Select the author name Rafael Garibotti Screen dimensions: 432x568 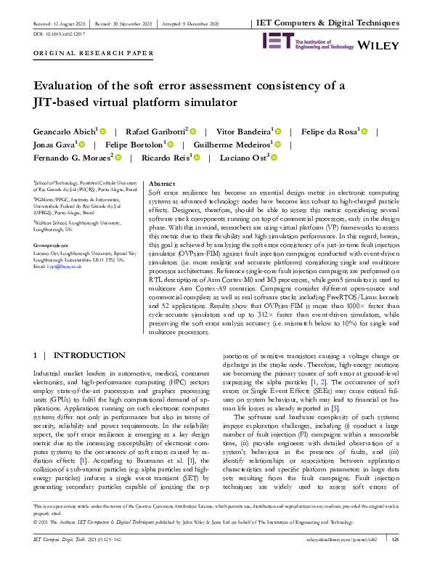(158, 131)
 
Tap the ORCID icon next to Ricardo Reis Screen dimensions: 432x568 (196, 157)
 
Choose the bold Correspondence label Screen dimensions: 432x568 (53, 246)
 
